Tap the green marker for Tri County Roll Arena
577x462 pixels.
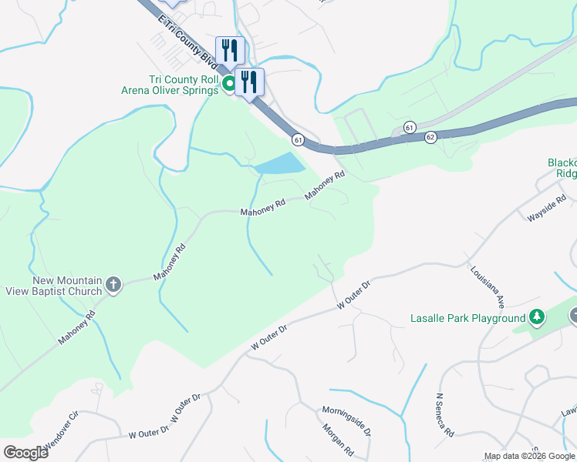click(229, 85)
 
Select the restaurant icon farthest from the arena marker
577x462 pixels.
click(230, 51)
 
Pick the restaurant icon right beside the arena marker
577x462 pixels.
click(249, 82)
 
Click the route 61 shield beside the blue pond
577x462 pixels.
click(298, 139)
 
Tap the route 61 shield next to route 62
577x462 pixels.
click(409, 126)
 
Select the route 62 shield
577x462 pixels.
click(430, 137)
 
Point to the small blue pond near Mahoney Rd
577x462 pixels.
click(279, 163)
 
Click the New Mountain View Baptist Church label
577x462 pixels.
click(67, 286)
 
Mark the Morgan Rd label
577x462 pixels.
click(337, 440)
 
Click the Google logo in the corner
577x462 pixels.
click(25, 452)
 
